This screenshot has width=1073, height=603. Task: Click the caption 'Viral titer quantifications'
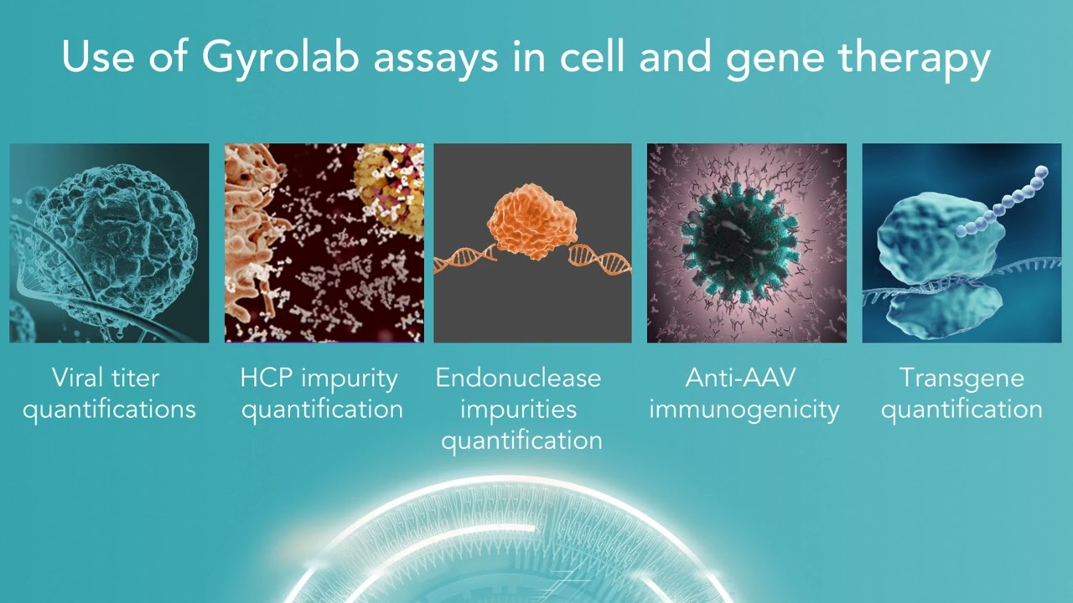tap(109, 393)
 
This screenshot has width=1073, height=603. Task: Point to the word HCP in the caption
tap(267, 378)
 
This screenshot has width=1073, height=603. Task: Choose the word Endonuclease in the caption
tap(518, 378)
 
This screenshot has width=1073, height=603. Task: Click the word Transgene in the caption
tap(962, 378)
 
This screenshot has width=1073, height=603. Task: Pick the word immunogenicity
tap(744, 410)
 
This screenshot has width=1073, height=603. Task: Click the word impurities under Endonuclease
tap(518, 410)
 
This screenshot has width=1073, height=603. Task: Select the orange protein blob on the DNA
tap(531, 222)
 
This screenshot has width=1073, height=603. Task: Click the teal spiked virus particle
tap(738, 243)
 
